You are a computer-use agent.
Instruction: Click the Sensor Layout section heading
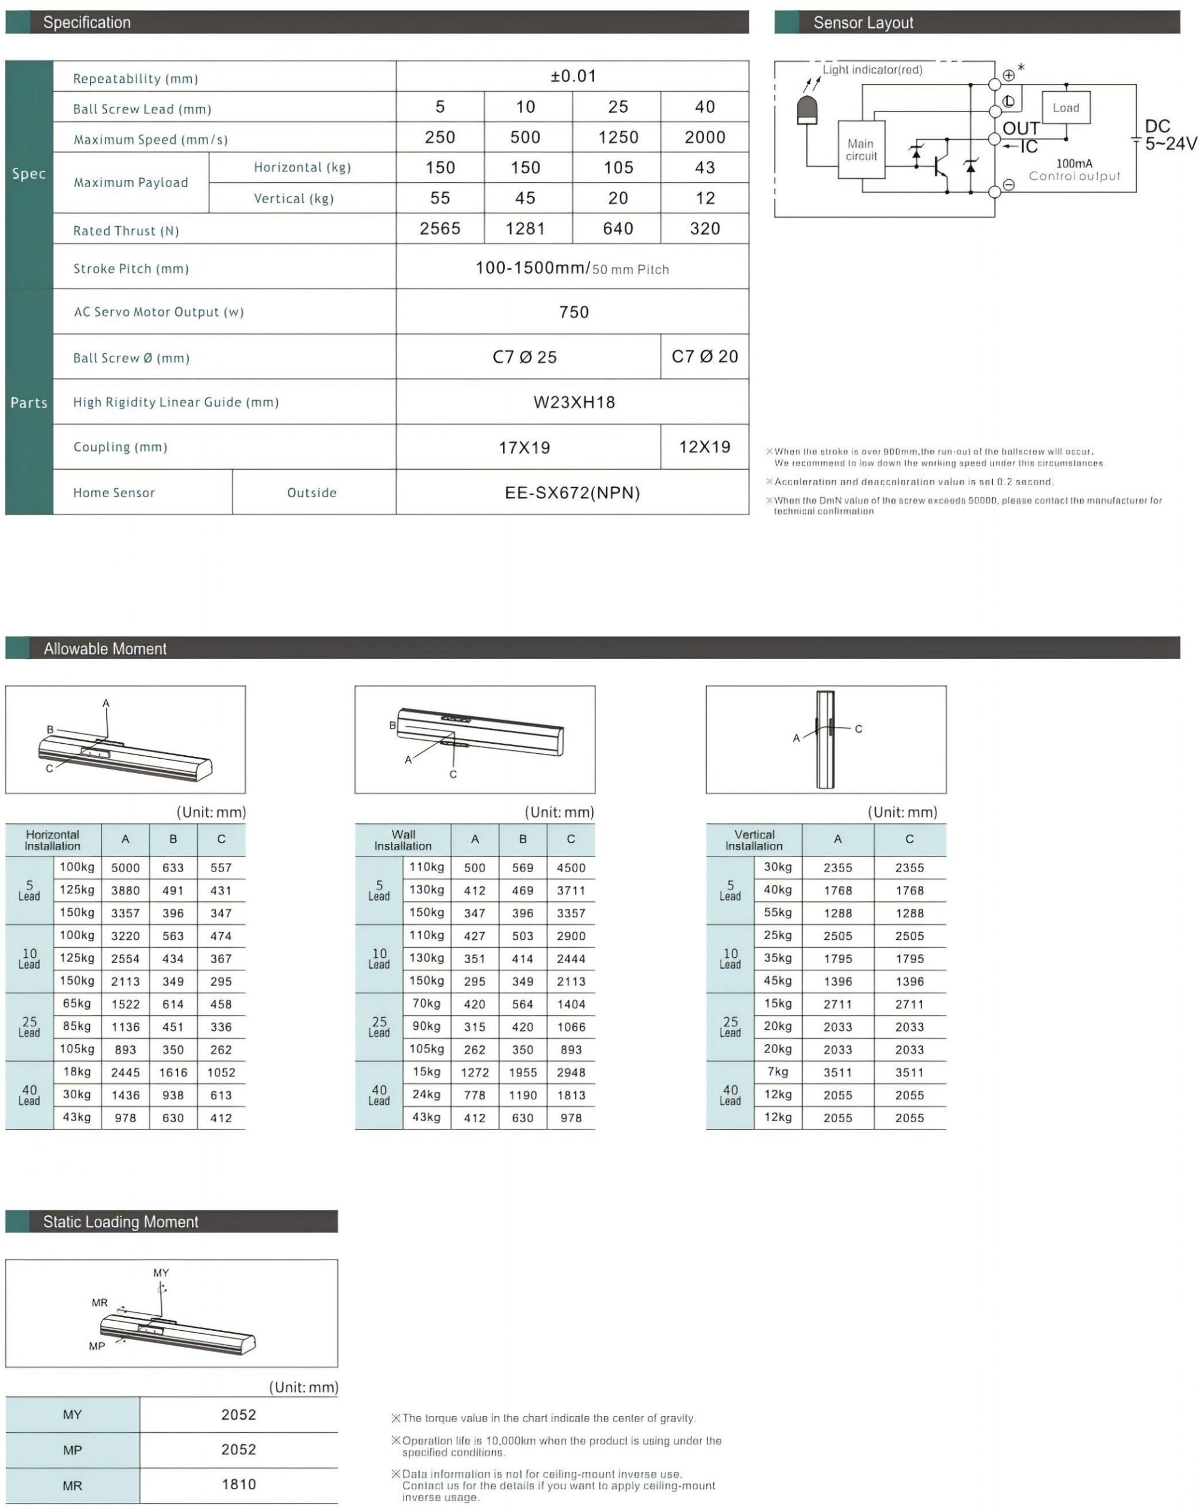(863, 22)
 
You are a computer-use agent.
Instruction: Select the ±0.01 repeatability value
(573, 76)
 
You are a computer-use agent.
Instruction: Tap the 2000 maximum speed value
(704, 137)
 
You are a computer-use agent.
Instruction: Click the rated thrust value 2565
(439, 229)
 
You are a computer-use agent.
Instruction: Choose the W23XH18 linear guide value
(574, 402)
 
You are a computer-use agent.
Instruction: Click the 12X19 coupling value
(704, 447)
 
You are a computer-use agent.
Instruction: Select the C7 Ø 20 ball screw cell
(704, 356)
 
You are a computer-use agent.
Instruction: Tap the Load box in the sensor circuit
(1065, 107)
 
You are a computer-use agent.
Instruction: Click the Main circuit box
(860, 149)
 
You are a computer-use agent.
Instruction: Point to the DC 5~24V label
(1169, 135)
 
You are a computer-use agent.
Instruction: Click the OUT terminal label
(1020, 128)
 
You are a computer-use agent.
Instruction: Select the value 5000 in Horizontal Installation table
(125, 867)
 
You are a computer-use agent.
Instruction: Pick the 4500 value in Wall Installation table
(571, 867)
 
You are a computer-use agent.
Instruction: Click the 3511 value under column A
(837, 1072)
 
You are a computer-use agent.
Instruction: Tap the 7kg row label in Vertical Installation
(778, 1072)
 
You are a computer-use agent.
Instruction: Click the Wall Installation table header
(403, 840)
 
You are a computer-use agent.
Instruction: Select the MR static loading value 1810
(239, 1484)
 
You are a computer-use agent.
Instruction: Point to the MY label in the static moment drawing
(161, 1272)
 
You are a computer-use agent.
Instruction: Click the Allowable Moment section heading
(104, 649)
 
